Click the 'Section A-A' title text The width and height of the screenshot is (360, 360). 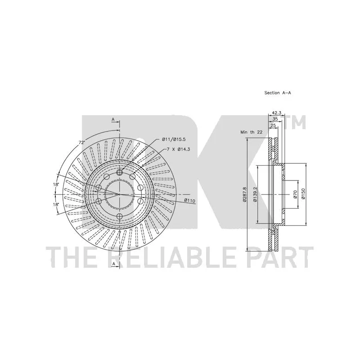(278, 93)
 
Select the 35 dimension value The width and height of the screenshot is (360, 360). (275, 119)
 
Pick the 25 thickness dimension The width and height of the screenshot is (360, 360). (273, 126)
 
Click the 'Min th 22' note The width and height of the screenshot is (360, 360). (251, 132)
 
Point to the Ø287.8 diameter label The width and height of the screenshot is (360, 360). (244, 194)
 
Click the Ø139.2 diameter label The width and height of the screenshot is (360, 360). (255, 194)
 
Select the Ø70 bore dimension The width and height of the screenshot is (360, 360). (296, 194)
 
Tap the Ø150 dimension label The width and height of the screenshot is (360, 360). (303, 194)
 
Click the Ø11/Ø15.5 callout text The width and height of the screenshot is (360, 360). (174, 139)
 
